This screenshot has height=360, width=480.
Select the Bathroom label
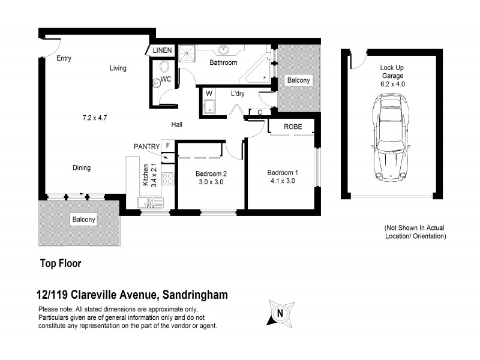point(223,62)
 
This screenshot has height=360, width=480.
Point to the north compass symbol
point(278,313)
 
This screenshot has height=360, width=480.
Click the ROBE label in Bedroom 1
point(293,127)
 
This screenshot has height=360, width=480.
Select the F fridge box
point(167,145)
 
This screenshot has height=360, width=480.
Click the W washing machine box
point(209,94)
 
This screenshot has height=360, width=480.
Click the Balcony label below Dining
point(83,220)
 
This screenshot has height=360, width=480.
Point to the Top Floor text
point(60,263)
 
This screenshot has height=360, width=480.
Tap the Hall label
point(176,125)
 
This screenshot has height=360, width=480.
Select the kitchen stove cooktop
point(168,178)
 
